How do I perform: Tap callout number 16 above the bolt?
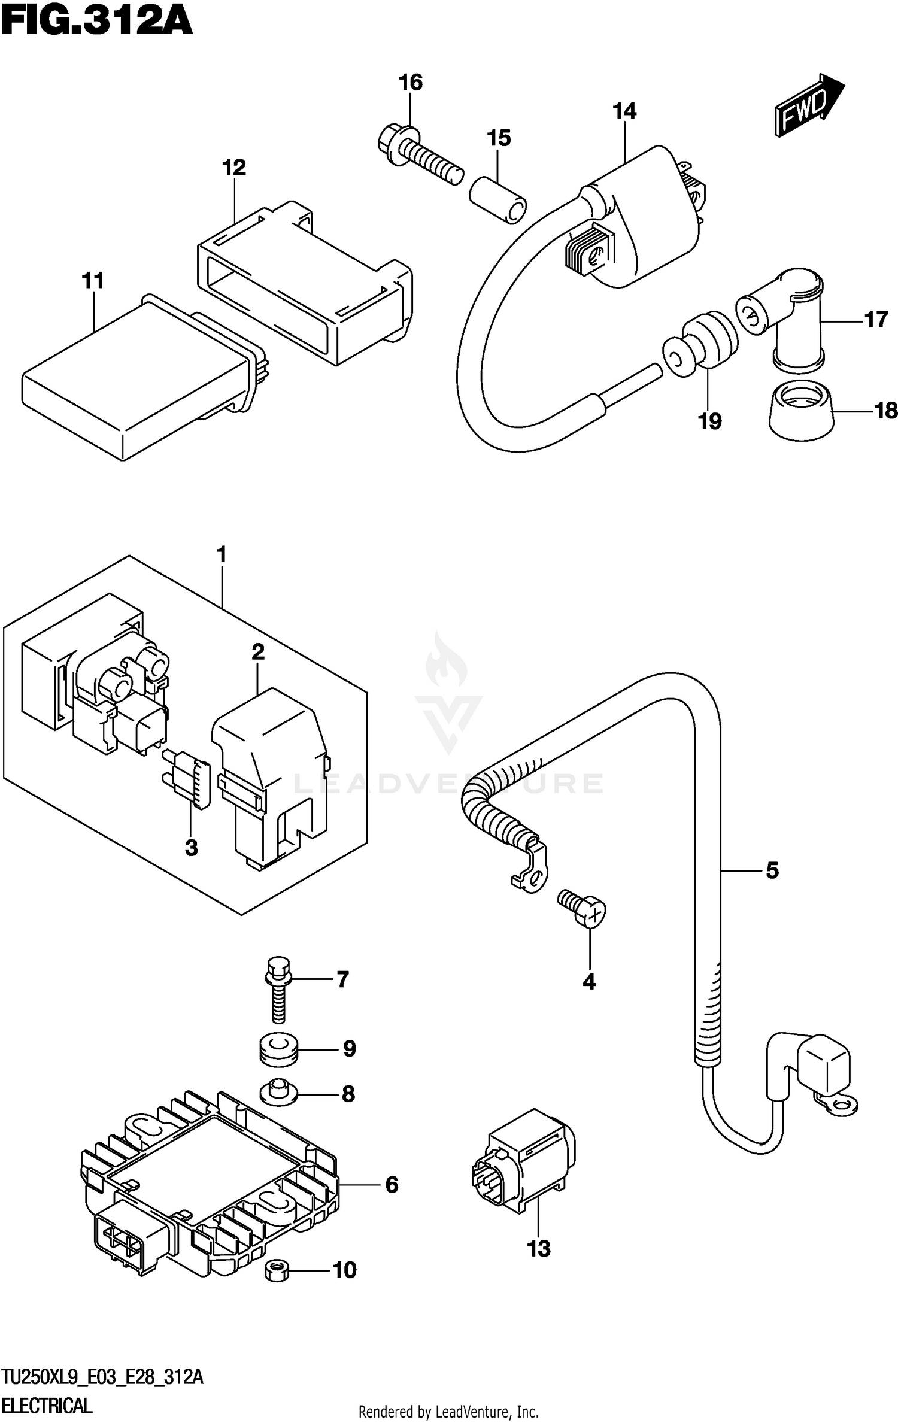411,82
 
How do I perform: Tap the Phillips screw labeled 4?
584,910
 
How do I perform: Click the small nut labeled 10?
277,1270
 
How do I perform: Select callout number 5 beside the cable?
772,870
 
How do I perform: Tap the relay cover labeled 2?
269,772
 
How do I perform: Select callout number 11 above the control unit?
93,281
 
